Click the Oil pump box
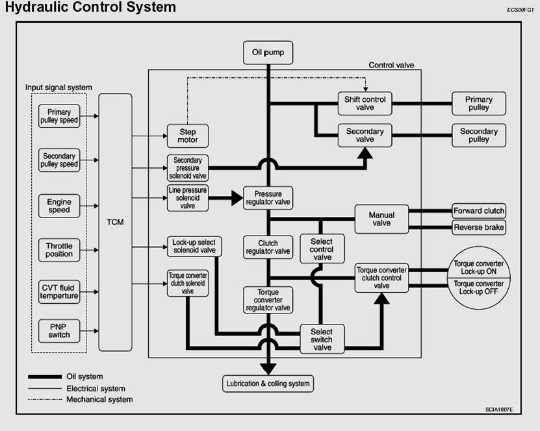pos(268,53)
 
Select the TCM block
pos(115,222)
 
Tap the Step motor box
pos(188,136)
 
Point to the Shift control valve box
pos(365,104)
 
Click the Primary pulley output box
pos(479,104)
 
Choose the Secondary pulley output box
pos(479,135)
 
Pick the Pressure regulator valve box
pos(268,198)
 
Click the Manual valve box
pos(381,219)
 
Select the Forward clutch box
pos(479,211)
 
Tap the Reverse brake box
pos(479,227)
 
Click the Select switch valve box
pos(322,339)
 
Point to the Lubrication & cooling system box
pos(268,384)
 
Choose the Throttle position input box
pos(59,250)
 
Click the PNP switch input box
pos(59,330)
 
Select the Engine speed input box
pos(59,206)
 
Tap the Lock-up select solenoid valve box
pos(194,247)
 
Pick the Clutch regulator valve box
pos(268,247)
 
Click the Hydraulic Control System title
pos(90,8)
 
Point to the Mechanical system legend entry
pos(99,400)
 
